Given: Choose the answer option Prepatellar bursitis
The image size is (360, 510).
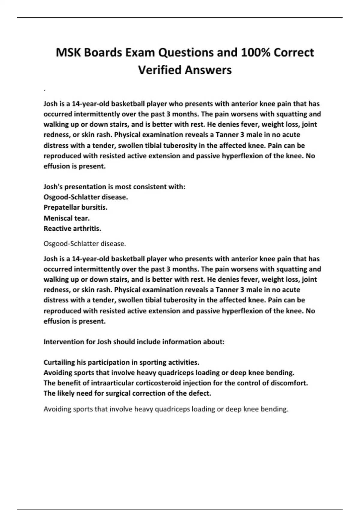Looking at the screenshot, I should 75,207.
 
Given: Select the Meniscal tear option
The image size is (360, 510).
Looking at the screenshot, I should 67,218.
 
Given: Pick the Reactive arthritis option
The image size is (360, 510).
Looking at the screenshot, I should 72,229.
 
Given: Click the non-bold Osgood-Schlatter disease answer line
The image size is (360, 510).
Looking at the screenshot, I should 85,244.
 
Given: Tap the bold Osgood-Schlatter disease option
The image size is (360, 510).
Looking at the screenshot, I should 85,197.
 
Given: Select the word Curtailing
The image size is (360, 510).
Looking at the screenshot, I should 59,362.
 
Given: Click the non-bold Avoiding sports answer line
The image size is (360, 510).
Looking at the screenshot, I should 166,409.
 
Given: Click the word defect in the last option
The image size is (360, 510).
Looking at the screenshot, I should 201,393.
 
